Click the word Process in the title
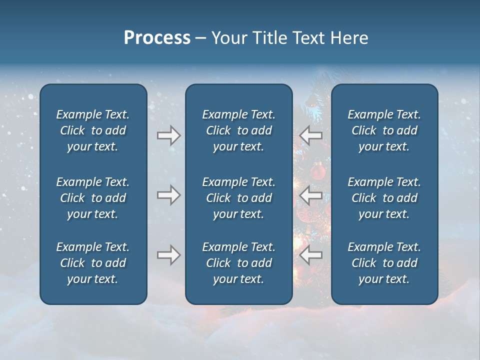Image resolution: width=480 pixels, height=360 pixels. pos(157,38)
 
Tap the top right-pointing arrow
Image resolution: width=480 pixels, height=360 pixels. pos(168,135)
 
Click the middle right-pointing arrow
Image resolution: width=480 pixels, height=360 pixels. pos(168,195)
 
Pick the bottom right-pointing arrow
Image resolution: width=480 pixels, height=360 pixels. pos(168,255)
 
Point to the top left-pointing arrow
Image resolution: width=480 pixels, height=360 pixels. pos(311,135)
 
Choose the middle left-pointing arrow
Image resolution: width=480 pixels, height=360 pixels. pos(311,195)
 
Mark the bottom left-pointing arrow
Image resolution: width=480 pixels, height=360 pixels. pos(311,255)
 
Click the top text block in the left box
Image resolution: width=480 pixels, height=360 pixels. pos(93,130)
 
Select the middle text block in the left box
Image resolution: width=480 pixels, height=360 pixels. pos(93,198)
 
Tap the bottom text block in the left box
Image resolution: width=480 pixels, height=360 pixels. pos(93,263)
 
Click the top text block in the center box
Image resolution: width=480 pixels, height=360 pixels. pos(238,130)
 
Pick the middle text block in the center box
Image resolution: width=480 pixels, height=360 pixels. pos(238,198)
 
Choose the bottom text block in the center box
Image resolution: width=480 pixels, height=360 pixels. pos(238,263)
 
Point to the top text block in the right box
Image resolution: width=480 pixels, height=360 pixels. pos(384,130)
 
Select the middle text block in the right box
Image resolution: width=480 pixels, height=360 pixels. pos(384,198)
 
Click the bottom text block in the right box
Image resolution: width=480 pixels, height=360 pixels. pos(384,263)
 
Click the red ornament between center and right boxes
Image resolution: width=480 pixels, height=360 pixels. pos(318,172)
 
